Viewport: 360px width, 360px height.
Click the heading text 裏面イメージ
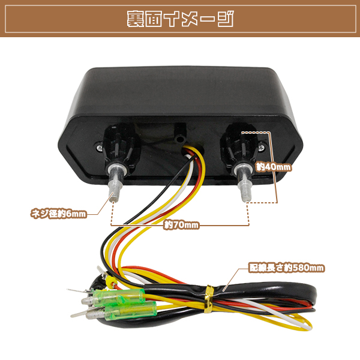[x=180, y=19]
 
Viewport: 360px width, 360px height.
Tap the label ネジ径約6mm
[x=59, y=214]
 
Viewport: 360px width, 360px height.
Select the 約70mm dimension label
[x=181, y=225]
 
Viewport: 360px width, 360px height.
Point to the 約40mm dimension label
[x=274, y=167]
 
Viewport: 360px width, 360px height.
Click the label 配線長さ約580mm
[x=287, y=268]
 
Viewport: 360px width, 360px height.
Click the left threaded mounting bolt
[x=115, y=183]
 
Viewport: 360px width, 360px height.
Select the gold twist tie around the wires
[x=209, y=299]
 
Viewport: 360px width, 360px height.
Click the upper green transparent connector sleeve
[x=119, y=296]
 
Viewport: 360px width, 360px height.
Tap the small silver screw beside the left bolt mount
[x=100, y=148]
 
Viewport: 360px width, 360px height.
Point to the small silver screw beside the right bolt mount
[x=262, y=148]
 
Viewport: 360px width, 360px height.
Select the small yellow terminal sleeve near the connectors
[x=110, y=280]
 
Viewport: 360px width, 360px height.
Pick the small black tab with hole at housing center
[x=180, y=133]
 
